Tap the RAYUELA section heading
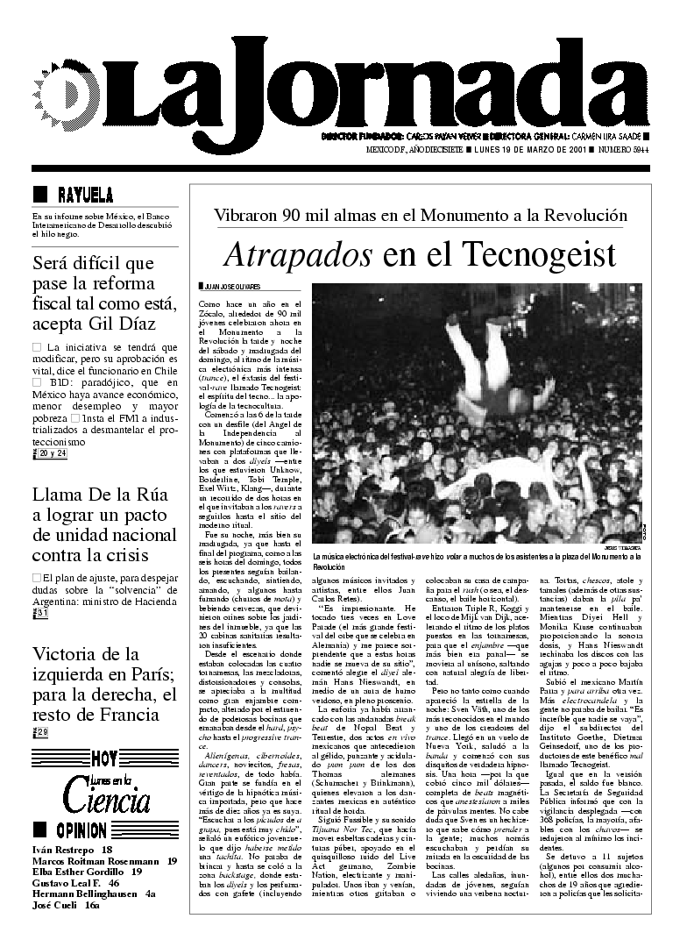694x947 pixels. (x=84, y=195)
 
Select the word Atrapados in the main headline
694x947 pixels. (x=298, y=254)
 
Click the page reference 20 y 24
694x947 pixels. (x=52, y=452)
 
